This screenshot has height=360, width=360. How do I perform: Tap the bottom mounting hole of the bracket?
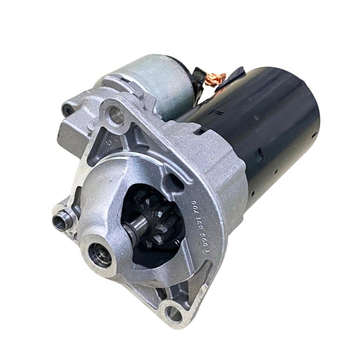[x=174, y=313]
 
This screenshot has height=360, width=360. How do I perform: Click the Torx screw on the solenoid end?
[x=68, y=109]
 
